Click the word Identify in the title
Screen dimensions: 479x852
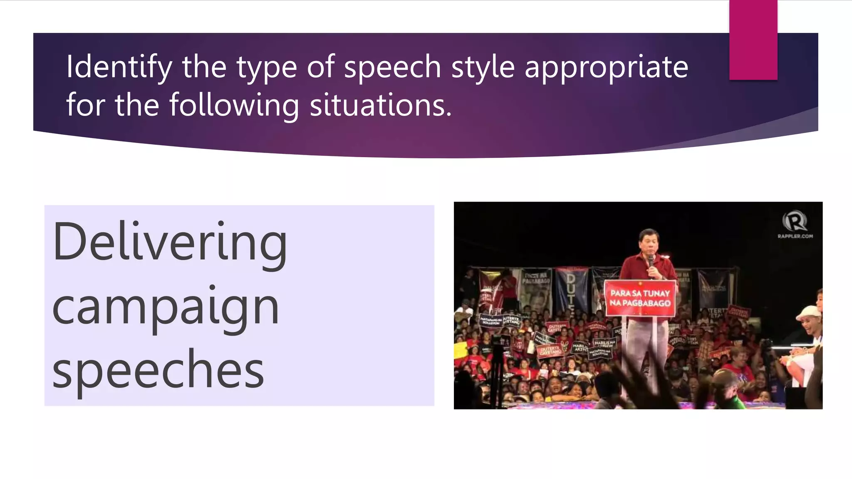tap(119, 67)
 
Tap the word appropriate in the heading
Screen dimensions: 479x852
tap(606, 67)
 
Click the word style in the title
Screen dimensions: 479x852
tap(483, 67)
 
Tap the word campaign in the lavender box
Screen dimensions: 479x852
tap(166, 307)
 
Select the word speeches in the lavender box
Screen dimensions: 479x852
tap(158, 369)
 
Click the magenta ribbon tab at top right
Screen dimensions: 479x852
tap(753, 40)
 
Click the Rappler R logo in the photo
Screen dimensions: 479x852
tap(795, 221)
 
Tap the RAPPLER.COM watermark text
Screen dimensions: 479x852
tap(795, 236)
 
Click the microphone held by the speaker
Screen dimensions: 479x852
tap(651, 262)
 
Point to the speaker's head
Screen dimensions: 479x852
tap(649, 242)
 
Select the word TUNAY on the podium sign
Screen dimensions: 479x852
tap(656, 293)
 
